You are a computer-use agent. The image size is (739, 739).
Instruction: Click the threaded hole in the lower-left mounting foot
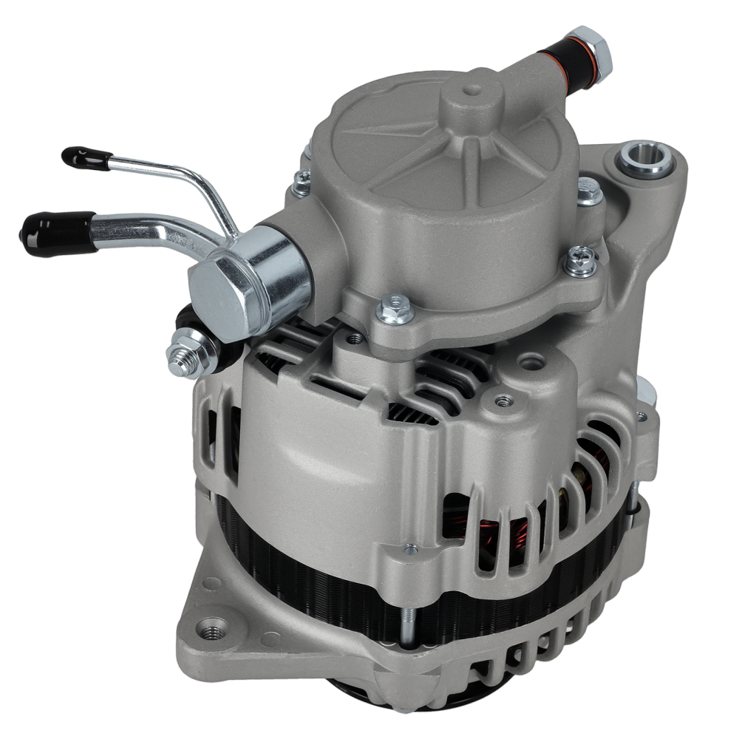(x=213, y=633)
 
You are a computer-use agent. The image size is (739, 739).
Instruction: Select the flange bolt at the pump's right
(x=582, y=260)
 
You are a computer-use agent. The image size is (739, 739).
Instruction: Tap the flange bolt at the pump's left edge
(x=301, y=183)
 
